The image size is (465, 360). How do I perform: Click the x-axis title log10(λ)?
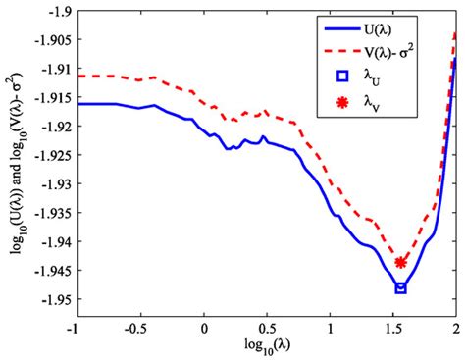coord(267,347)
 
